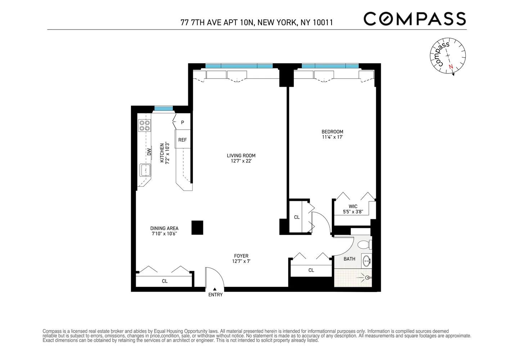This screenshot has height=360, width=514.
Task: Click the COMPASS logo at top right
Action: pos(414,19)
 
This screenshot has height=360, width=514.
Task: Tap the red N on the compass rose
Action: pos(451,67)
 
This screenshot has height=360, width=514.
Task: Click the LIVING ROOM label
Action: pos(241,156)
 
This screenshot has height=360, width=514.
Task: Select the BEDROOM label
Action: pos(332,132)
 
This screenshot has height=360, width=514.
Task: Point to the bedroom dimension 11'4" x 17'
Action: pos(332,137)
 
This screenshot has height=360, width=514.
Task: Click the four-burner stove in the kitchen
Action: pos(145,125)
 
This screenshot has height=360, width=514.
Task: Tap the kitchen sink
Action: pos(145,170)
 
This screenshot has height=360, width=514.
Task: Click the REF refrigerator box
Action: pos(182,140)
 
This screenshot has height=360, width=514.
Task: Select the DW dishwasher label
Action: pos(149,152)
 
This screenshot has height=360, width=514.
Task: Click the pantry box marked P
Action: pos(182,122)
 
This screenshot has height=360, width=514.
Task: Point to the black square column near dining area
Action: pos(197,228)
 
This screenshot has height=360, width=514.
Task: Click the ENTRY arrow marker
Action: pos(215,289)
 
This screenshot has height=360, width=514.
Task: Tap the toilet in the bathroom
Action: pos(364,245)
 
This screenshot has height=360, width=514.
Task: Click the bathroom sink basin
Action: pos(366,261)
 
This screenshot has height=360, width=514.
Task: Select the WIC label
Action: pos(353,207)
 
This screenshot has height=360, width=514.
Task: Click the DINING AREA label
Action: pos(164,228)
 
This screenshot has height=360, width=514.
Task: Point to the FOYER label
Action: pos(241,256)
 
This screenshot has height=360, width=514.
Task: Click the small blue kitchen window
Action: pos(164,108)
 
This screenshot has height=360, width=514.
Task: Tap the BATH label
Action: pos(349,259)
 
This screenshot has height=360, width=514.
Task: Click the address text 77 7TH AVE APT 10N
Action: pos(217,23)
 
